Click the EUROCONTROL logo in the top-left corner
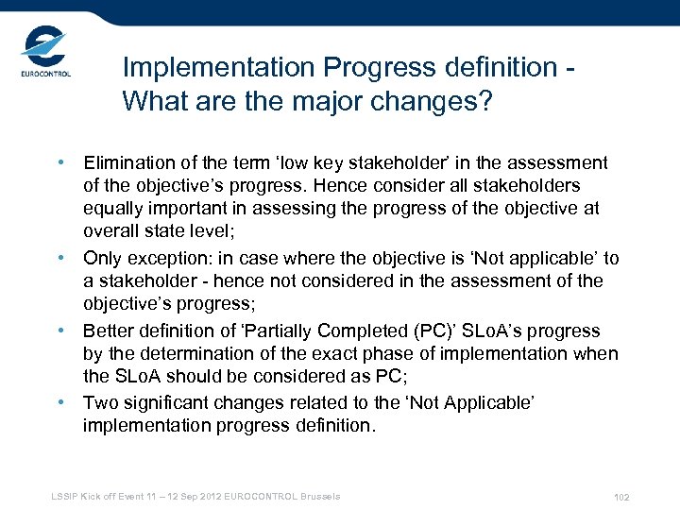tap(44, 56)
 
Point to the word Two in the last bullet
tap(100, 403)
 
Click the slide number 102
tap(620, 498)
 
